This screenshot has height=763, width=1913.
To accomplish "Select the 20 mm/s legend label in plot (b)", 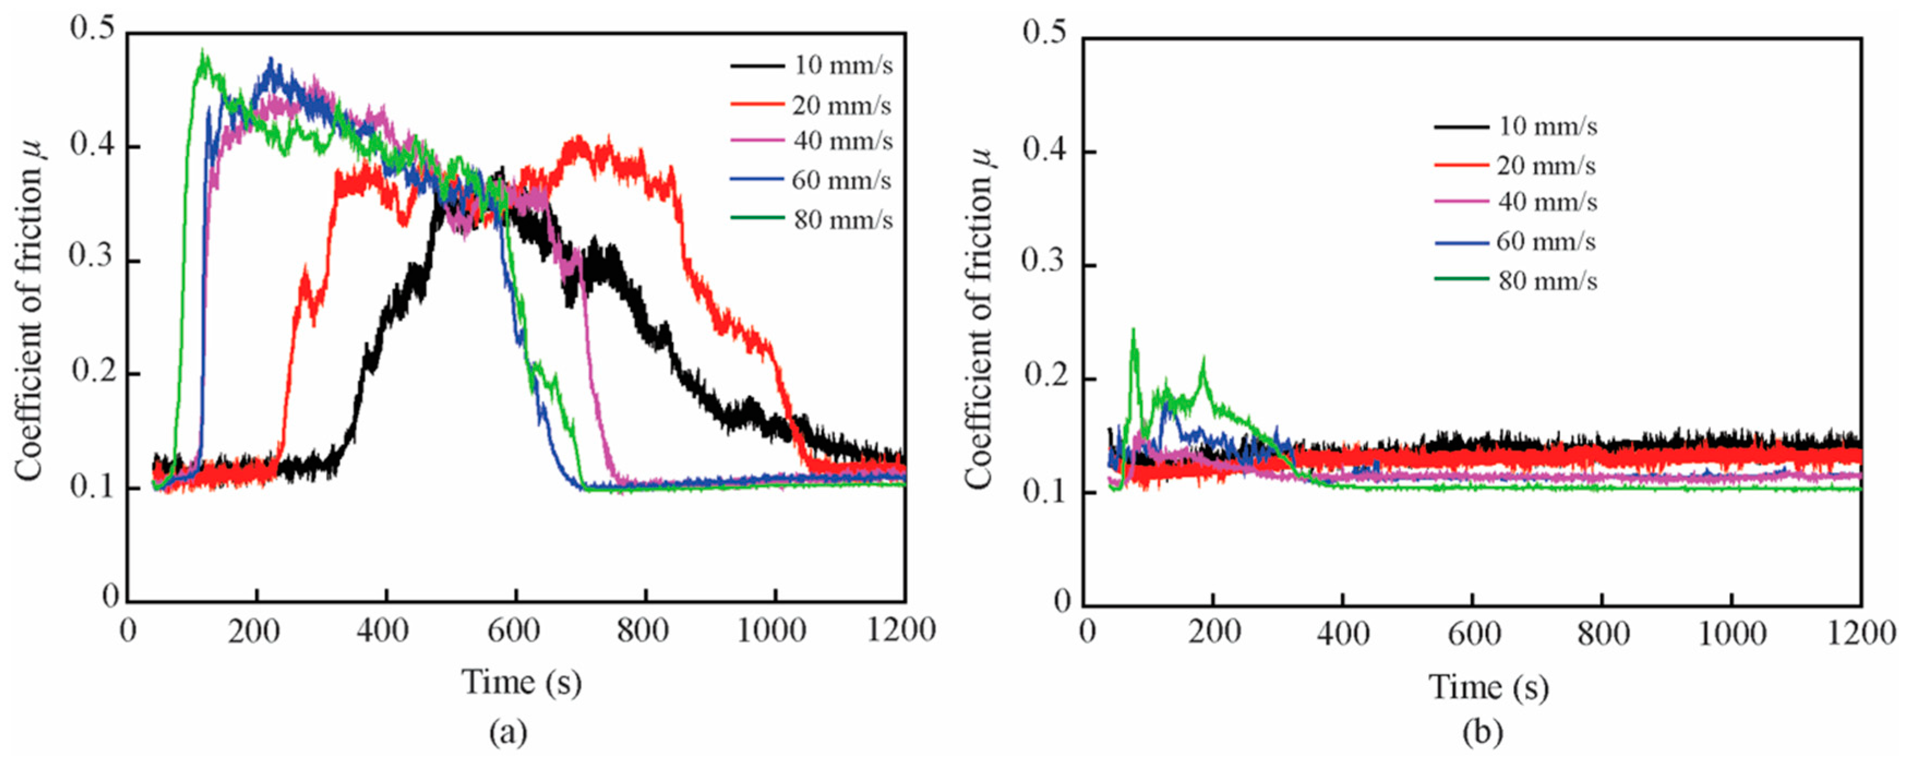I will point(1545,166).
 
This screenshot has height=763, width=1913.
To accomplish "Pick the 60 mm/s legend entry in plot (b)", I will point(1545,242).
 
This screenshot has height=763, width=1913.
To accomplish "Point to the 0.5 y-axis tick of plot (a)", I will point(92,29).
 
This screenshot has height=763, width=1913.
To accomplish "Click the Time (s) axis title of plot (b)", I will point(1489,687).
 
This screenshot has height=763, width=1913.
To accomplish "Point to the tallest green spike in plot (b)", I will point(1133,330).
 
